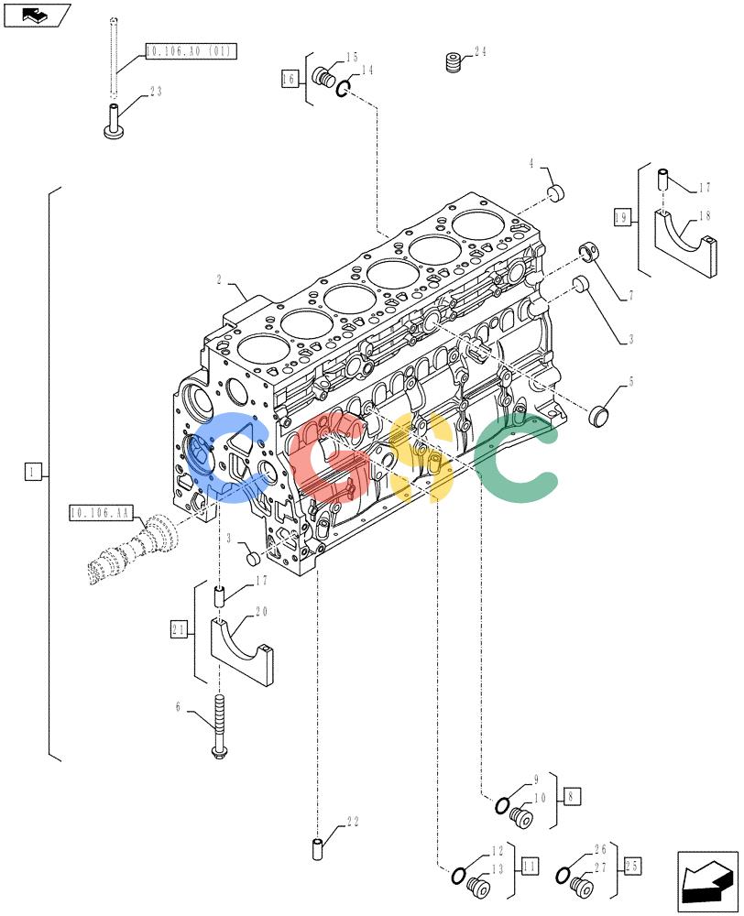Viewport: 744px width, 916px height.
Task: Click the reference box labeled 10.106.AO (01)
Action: (191, 51)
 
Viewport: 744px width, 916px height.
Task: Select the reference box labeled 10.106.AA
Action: (101, 513)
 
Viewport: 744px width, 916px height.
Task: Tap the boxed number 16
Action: (290, 78)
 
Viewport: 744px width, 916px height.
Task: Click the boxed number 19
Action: (621, 218)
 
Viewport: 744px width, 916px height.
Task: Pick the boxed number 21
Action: (179, 630)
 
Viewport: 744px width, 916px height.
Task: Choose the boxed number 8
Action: (572, 796)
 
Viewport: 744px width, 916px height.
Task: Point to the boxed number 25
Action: (632, 866)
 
